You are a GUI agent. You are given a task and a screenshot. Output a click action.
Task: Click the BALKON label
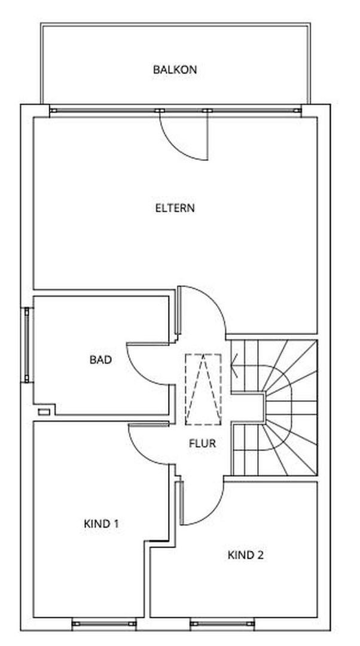pos(175,69)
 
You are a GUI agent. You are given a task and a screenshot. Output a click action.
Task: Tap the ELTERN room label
pos(175,208)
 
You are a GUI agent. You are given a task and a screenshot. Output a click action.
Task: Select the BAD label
pos(100,359)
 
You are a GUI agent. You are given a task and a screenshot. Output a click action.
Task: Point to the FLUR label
pos(202,443)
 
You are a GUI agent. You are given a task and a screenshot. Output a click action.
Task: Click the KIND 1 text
pos(101,523)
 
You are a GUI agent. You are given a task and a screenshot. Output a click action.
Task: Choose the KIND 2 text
pos(246,555)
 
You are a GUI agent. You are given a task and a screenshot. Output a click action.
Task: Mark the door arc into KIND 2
pos(212,512)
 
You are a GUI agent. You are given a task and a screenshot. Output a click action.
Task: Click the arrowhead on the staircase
pos(234,366)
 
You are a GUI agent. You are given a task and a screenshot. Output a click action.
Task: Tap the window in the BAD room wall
pos(27,345)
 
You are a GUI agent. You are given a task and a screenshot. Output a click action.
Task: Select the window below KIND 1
pos(104,624)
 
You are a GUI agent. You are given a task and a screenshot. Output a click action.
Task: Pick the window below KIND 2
pos(222,624)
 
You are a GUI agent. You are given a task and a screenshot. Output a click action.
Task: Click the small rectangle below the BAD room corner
pos(44,412)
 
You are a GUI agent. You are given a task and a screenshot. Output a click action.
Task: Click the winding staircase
pos(274,407)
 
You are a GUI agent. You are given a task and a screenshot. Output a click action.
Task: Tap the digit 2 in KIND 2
pos(261,555)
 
